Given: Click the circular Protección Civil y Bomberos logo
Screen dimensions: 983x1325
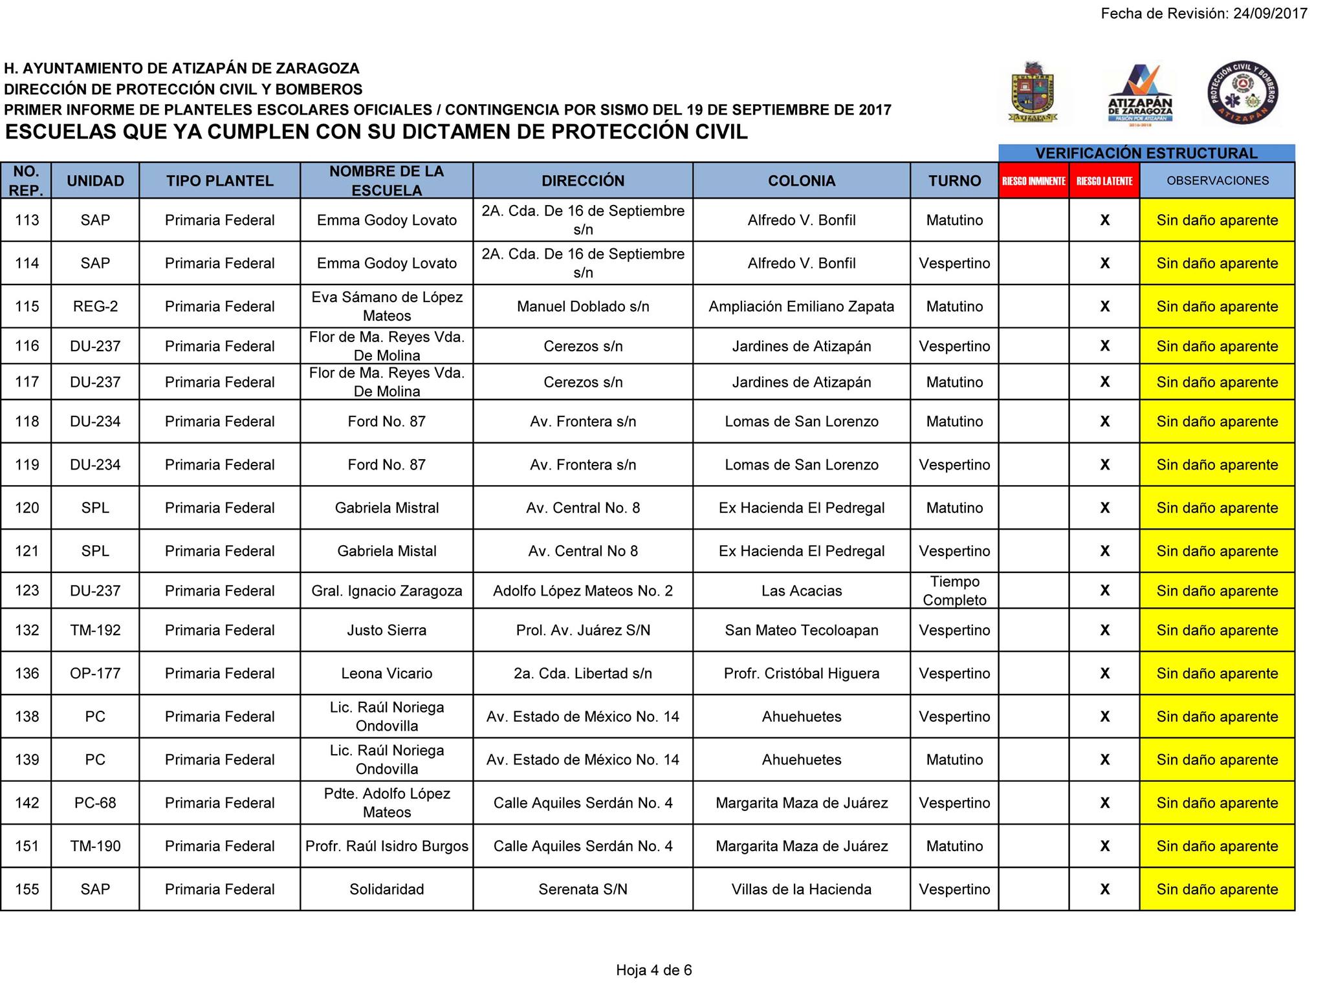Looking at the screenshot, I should coord(1242,92).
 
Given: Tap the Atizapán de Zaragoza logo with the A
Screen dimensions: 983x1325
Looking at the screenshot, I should coord(1140,93).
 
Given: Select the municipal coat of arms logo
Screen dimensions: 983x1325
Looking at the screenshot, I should coord(1033,92).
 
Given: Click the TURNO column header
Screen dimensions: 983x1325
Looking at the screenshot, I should coord(954,181).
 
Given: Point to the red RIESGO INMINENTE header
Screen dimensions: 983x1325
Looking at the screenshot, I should coord(1033,181).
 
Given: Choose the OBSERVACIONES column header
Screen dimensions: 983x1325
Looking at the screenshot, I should coord(1217,181).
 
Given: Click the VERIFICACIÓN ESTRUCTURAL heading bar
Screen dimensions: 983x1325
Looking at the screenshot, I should coord(1146,153).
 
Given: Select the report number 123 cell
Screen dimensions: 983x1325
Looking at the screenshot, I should coord(27,590).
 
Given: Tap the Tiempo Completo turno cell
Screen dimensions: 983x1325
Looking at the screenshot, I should coord(954,590).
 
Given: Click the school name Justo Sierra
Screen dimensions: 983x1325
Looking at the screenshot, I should coord(386,630).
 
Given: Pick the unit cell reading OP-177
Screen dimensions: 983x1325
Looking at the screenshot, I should coord(95,673).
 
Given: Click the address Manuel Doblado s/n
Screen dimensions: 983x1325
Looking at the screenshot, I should coord(582,307).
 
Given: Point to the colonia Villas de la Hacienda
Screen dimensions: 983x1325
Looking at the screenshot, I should coord(801,889).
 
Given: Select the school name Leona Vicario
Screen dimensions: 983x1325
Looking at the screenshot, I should coord(386,673).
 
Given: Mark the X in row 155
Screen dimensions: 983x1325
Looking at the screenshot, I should coord(1104,889).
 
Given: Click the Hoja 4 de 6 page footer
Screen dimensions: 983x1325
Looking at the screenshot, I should coord(653,970).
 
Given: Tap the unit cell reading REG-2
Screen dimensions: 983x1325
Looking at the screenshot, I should coord(95,307).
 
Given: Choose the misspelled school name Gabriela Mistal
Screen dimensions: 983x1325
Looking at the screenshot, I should coord(386,551).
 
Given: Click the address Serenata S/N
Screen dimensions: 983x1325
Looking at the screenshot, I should coord(582,889).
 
